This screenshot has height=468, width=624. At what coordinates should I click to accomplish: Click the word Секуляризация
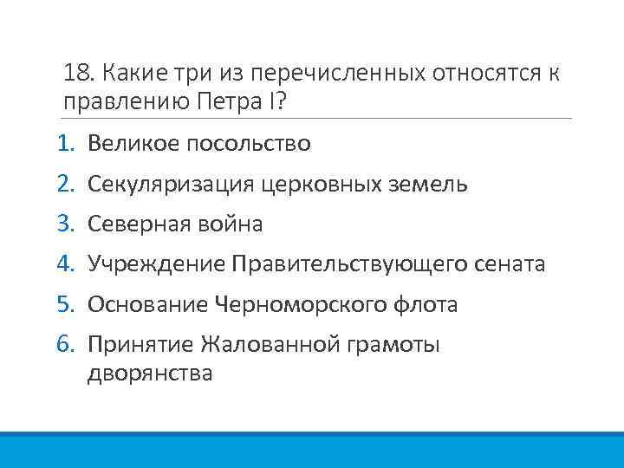click(x=171, y=185)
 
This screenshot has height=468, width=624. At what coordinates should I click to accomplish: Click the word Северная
click(x=137, y=224)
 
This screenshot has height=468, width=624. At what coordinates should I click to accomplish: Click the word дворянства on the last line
click(x=150, y=374)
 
